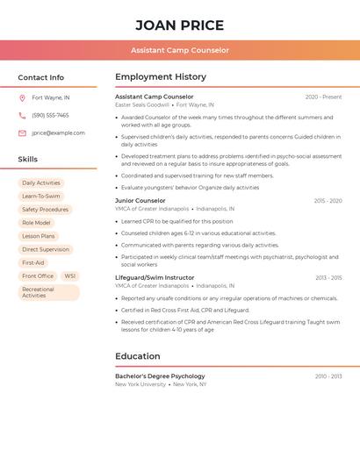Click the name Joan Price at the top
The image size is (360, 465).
[180, 25]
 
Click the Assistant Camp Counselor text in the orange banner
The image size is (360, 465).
[180, 50]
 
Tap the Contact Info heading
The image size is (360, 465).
[40, 77]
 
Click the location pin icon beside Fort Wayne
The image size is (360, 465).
[22, 97]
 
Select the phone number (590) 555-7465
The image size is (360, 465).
[50, 115]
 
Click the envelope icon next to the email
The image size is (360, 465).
[22, 133]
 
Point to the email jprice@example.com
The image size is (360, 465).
[58, 133]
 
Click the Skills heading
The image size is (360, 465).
[28, 160]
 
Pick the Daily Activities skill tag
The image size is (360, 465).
[41, 183]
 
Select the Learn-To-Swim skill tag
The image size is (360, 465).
[41, 197]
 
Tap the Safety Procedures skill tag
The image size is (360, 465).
[45, 210]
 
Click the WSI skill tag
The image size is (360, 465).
[69, 276]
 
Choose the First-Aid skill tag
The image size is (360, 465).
[33, 263]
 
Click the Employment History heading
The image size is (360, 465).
[161, 77]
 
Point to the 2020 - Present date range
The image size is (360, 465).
[323, 97]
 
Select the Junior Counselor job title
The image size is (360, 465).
[140, 201]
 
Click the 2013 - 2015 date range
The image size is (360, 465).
[328, 277]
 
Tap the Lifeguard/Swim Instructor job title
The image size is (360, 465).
[155, 277]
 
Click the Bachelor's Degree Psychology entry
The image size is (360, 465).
[160, 376]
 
